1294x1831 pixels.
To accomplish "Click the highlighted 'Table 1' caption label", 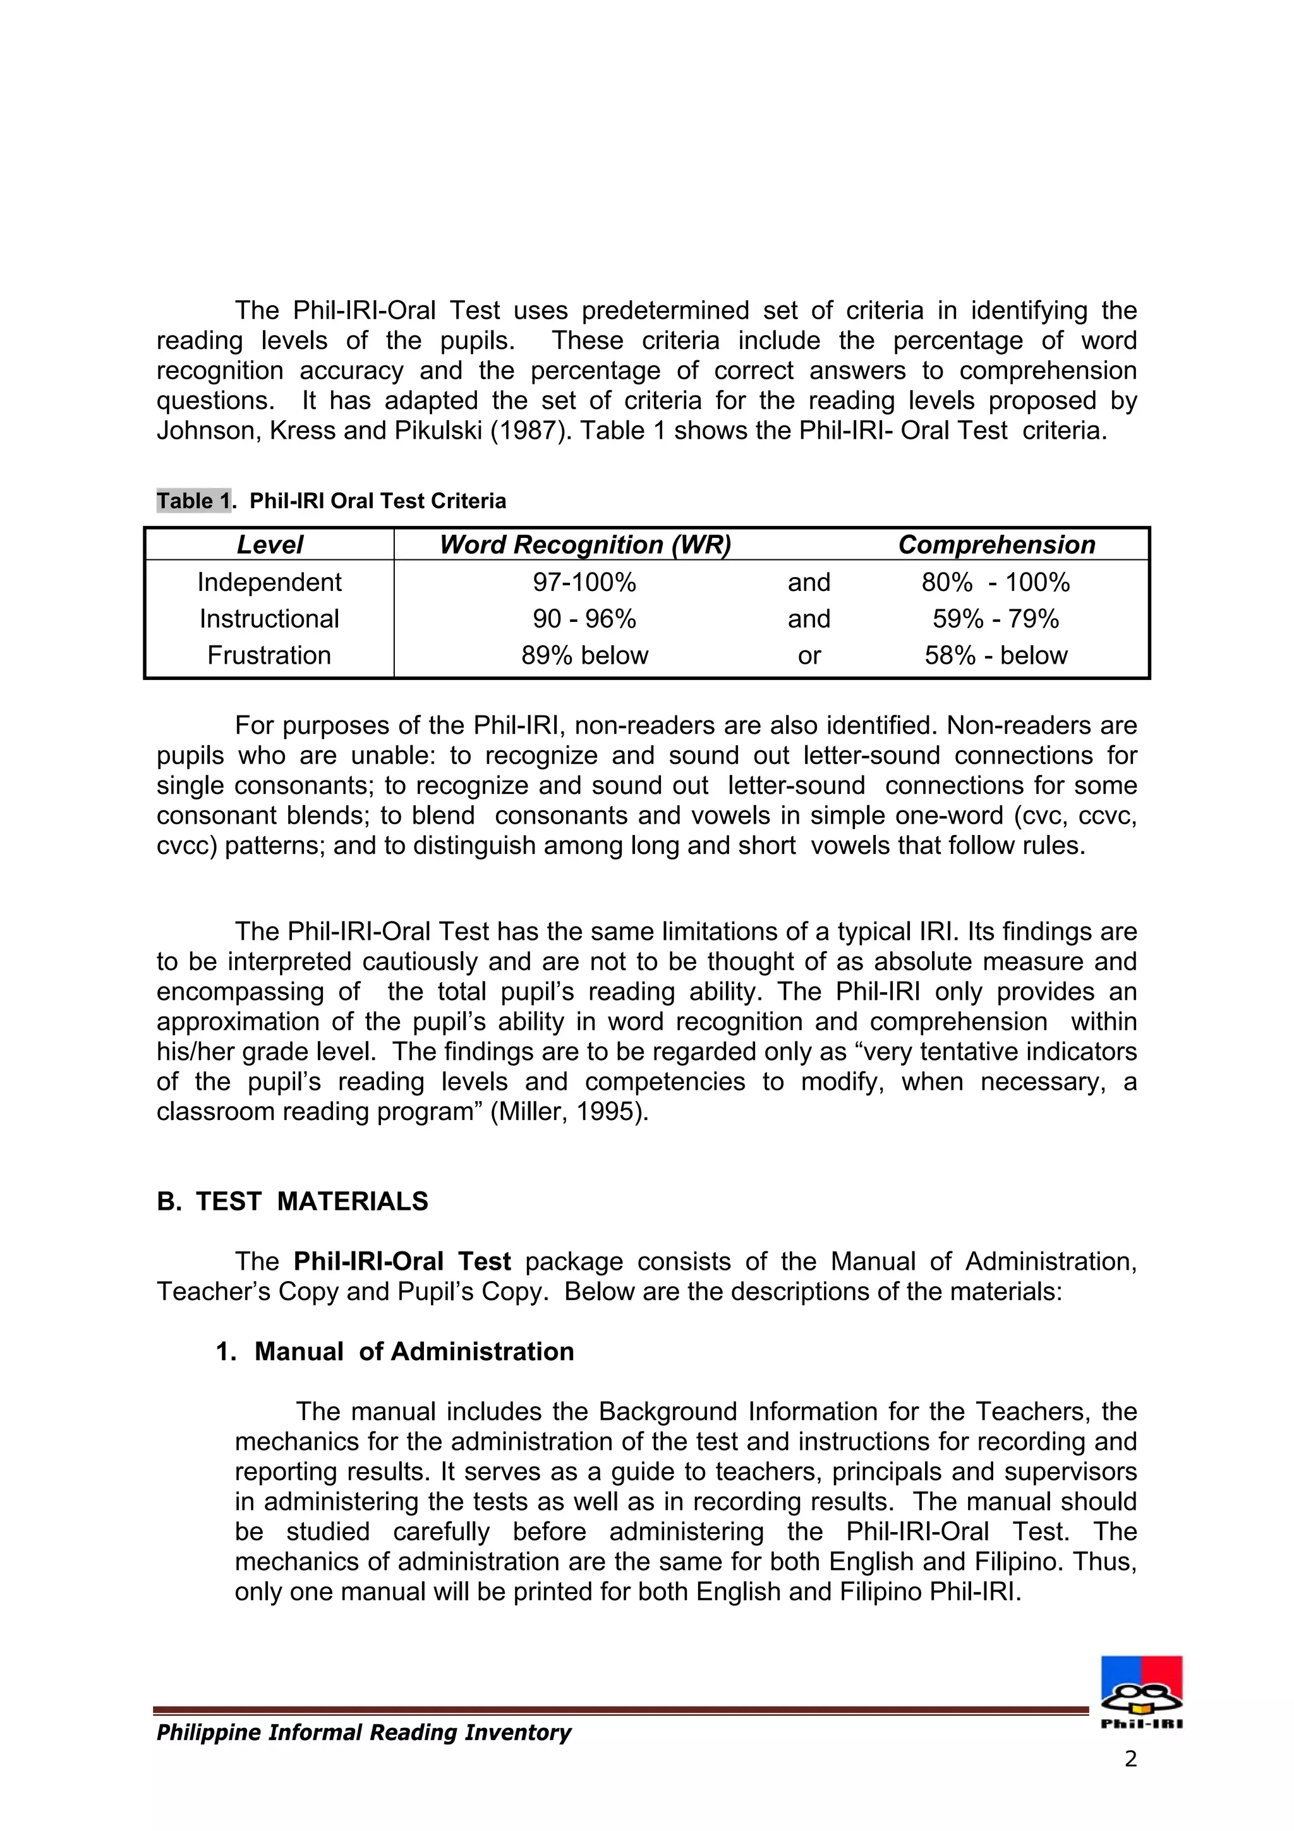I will pos(193,501).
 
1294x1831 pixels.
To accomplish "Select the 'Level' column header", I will pos(270,545).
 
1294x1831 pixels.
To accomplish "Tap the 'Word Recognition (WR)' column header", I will pos(584,545).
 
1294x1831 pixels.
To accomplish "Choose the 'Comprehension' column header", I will pos(996,545).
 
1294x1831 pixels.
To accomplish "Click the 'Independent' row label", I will pos(270,582).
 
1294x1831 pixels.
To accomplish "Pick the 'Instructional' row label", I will pos(270,619).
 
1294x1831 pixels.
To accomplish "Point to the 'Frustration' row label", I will pos(270,655).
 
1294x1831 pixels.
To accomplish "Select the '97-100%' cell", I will pos(584,582).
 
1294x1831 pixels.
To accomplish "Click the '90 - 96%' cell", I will pos(584,619).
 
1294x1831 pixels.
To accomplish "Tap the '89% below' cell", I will pos(584,655).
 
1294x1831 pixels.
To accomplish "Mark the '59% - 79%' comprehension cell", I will pos(996,619).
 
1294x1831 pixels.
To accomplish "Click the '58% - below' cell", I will pos(996,655).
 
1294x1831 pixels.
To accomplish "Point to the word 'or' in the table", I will pos(809,655).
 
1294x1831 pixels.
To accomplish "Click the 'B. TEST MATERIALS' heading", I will pos(293,1201).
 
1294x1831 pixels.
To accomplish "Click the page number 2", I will pos(1130,1759).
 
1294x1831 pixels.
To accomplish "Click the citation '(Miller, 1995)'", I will pos(569,1112).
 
